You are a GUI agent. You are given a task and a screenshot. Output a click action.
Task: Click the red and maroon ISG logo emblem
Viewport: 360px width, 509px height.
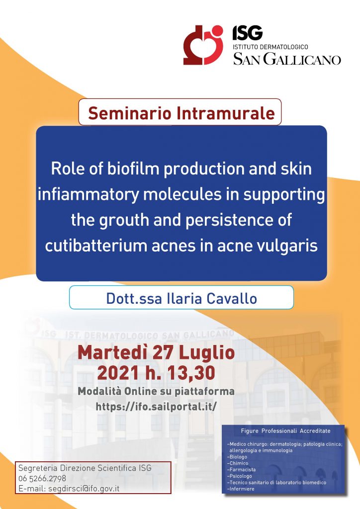pyautogui.click(x=203, y=45)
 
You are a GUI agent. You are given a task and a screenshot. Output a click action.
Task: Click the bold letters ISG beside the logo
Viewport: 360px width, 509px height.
pyautogui.click(x=247, y=33)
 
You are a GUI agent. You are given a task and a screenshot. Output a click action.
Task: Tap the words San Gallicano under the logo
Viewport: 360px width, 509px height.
pyautogui.click(x=287, y=60)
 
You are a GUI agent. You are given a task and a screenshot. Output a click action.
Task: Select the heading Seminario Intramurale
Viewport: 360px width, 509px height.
pyautogui.click(x=181, y=113)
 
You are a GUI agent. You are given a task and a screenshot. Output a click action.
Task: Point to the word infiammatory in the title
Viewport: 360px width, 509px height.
pyautogui.click(x=89, y=195)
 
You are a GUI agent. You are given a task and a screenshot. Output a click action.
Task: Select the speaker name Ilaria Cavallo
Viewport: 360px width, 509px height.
pyautogui.click(x=212, y=299)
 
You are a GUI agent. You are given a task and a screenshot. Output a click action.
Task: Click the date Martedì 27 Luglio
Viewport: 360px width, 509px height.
pyautogui.click(x=156, y=352)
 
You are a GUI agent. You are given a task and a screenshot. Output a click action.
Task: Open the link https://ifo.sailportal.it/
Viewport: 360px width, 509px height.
pyautogui.click(x=156, y=406)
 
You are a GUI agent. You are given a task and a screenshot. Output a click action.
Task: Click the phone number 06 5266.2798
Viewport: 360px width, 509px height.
pyautogui.click(x=42, y=478)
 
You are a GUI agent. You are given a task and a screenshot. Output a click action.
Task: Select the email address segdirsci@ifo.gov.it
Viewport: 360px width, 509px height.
pyautogui.click(x=84, y=489)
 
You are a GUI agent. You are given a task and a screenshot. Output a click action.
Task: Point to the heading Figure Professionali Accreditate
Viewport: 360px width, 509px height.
pyautogui.click(x=285, y=431)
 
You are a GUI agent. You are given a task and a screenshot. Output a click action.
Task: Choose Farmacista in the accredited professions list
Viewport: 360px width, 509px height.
pyautogui.click(x=242, y=470)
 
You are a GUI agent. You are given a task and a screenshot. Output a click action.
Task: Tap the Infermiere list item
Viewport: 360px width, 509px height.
pyautogui.click(x=241, y=489)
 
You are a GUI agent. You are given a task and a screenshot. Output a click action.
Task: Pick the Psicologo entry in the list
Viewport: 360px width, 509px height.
pyautogui.click(x=240, y=476)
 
